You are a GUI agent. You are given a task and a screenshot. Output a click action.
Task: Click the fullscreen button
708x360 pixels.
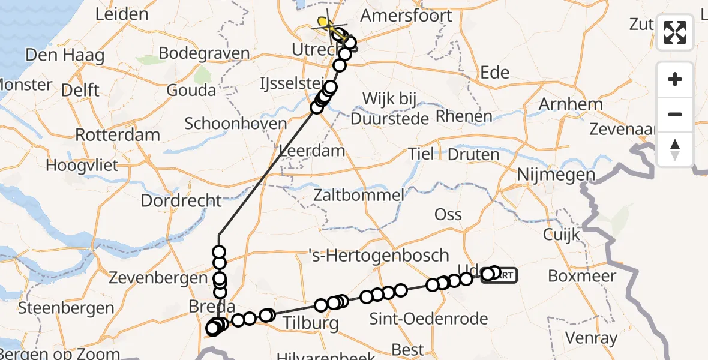coord(675,32)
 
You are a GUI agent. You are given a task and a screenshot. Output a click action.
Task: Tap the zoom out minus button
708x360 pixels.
coord(675,114)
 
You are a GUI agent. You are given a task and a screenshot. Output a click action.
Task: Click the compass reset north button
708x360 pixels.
coord(675,149)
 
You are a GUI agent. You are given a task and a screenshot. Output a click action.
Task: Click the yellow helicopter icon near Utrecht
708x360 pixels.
coord(325,24)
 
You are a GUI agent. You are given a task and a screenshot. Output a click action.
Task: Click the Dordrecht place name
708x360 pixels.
coord(181,200)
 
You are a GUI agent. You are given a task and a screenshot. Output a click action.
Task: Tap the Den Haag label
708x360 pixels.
coord(65,56)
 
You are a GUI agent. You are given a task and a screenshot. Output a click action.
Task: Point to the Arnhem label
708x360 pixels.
coord(571,104)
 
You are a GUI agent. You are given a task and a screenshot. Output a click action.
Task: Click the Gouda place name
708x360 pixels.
coord(191,91)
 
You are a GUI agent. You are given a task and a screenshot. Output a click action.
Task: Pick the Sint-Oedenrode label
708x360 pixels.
coord(428,319)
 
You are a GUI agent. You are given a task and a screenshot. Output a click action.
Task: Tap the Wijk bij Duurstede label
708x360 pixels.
coord(389,109)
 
